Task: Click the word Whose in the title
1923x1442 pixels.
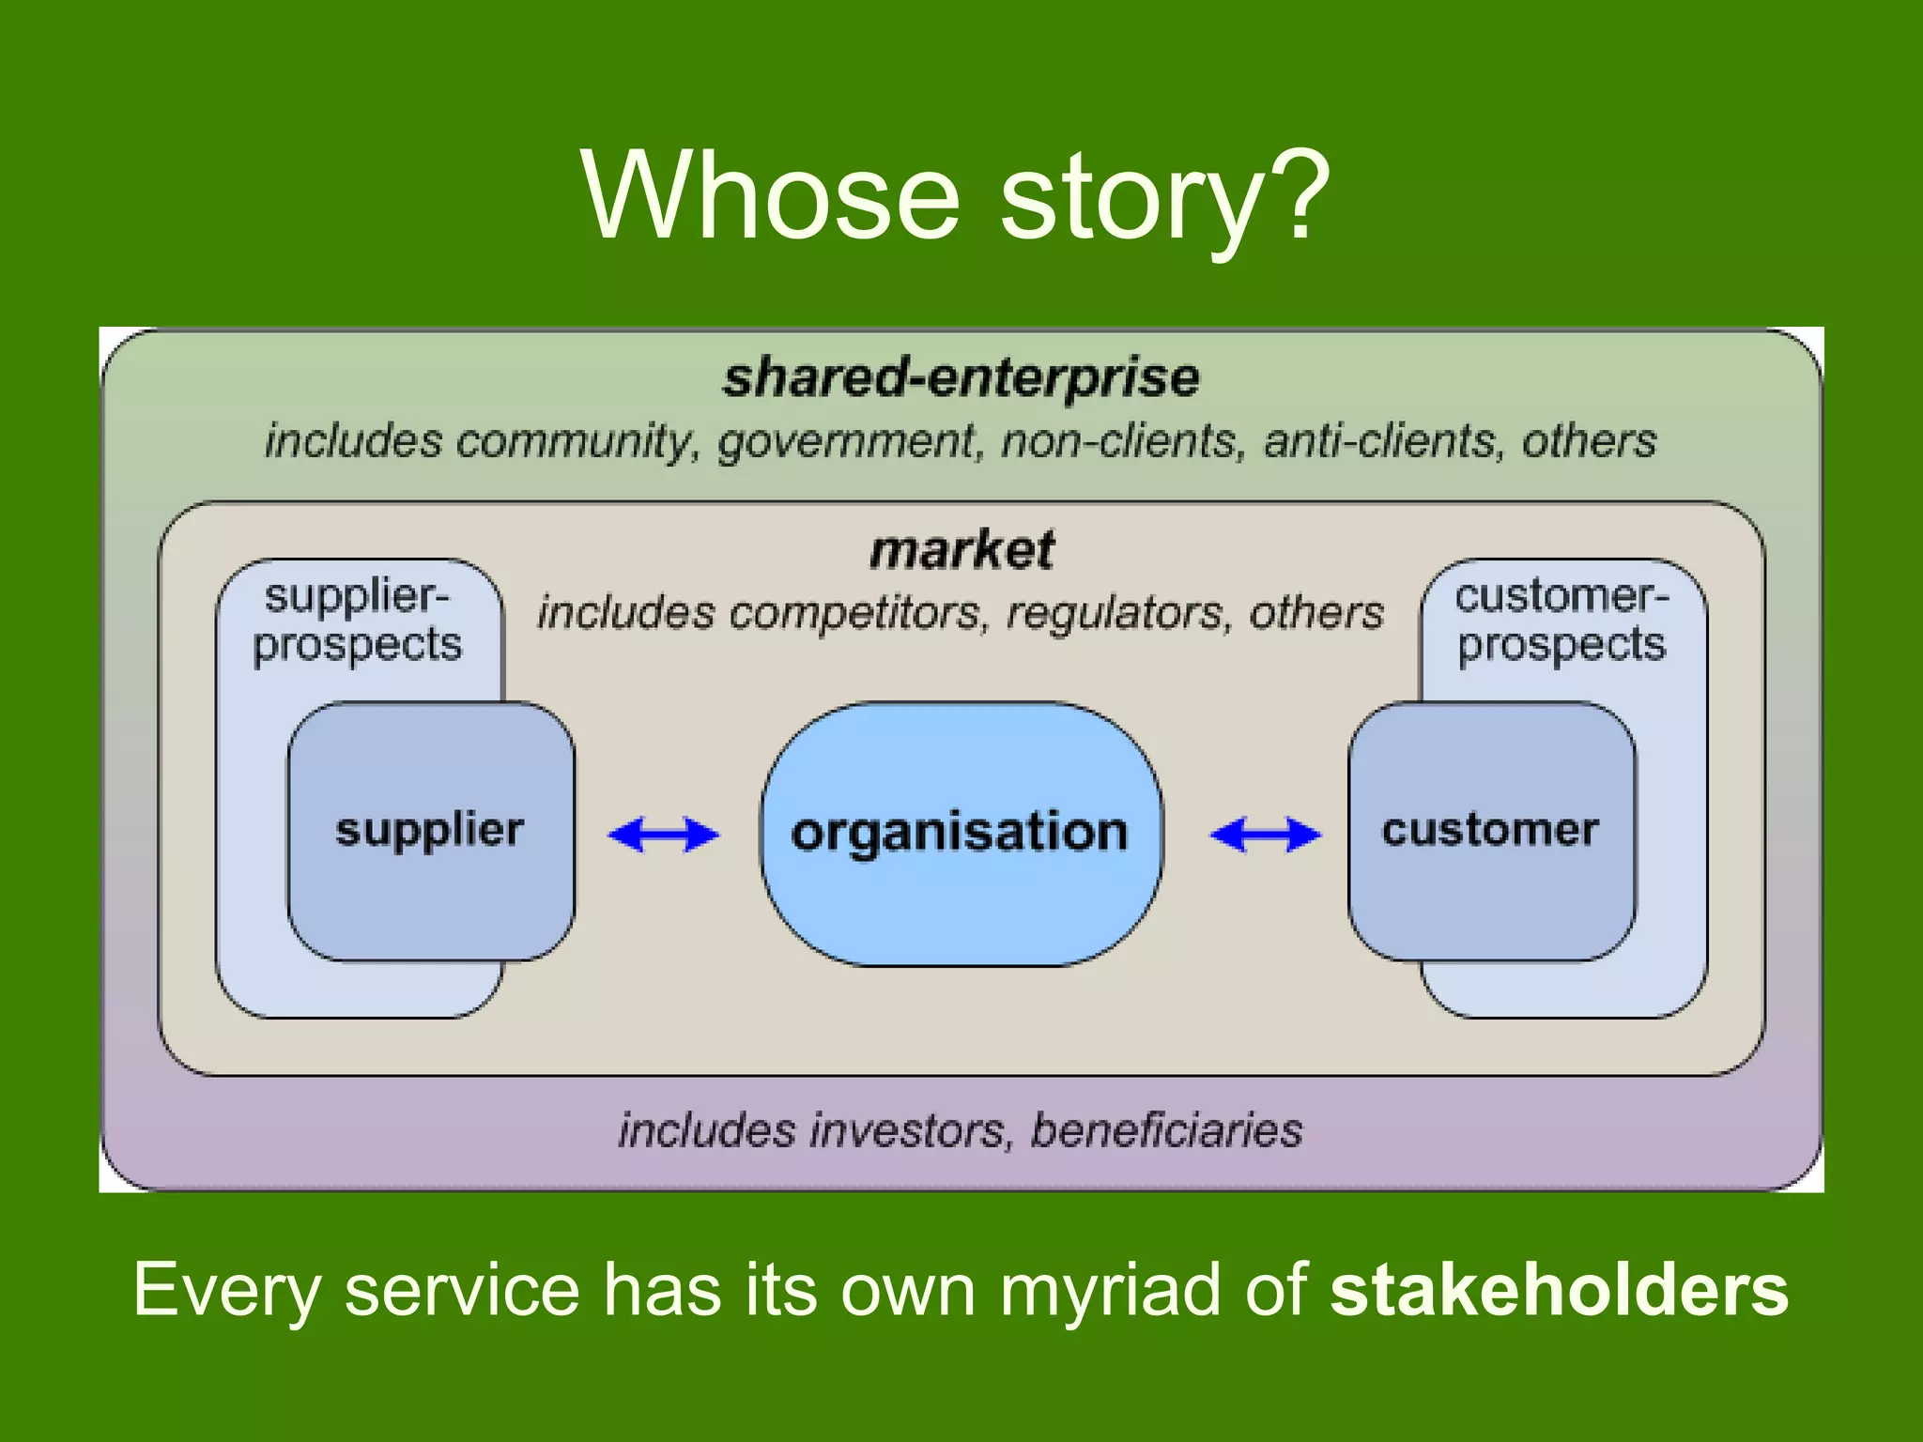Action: pos(770,195)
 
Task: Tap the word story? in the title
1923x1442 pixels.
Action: pos(1164,199)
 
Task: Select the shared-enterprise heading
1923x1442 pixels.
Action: pos(961,377)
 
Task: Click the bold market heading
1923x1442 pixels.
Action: pos(961,550)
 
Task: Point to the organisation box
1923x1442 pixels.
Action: pos(960,833)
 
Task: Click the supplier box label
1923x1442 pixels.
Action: pos(429,830)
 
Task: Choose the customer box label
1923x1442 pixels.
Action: pos(1490,830)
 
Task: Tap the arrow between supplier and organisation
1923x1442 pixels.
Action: pos(664,835)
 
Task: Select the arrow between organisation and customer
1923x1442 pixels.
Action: pos(1265,835)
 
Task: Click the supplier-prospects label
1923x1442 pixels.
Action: pos(358,621)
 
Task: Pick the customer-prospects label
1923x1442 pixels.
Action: pos(1561,621)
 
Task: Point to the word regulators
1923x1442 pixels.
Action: pos(1115,613)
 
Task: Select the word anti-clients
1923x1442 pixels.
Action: pos(1378,441)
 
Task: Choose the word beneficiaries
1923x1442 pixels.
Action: pos(1166,1129)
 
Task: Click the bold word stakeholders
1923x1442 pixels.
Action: pos(1559,1290)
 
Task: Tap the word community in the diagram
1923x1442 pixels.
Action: pos(576,441)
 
